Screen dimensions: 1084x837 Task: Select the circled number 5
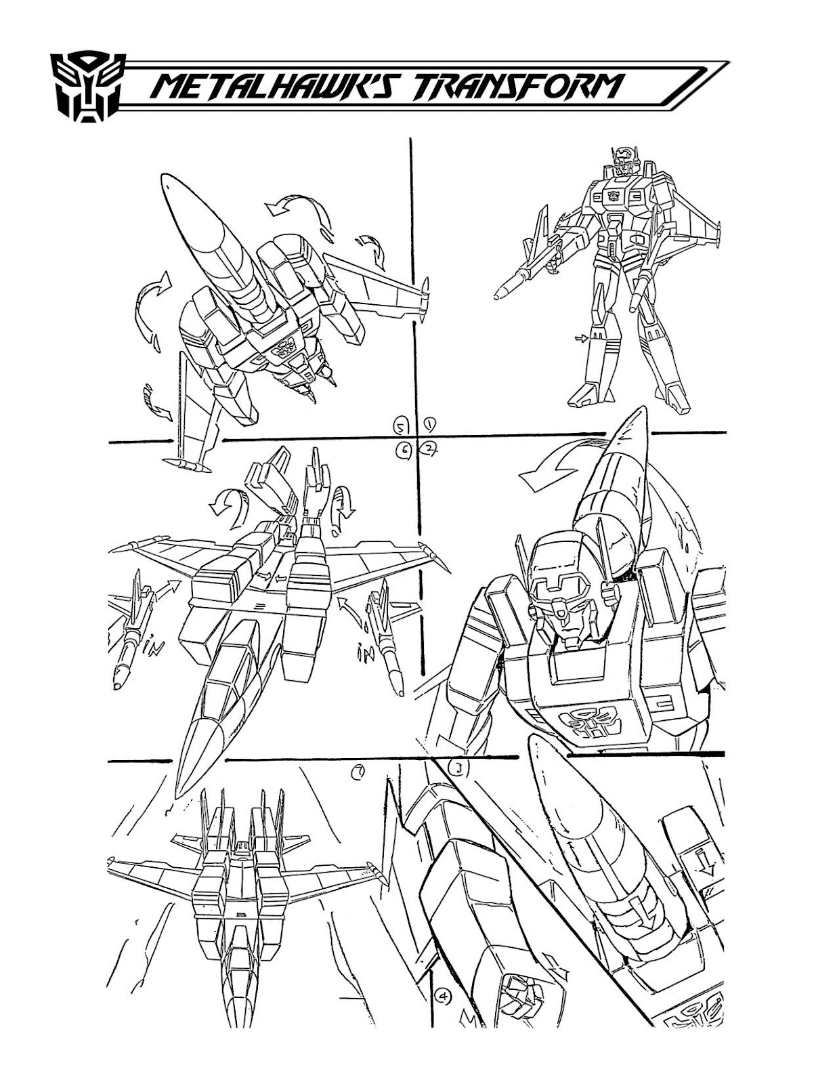(x=402, y=426)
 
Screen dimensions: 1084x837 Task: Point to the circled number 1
(x=429, y=425)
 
